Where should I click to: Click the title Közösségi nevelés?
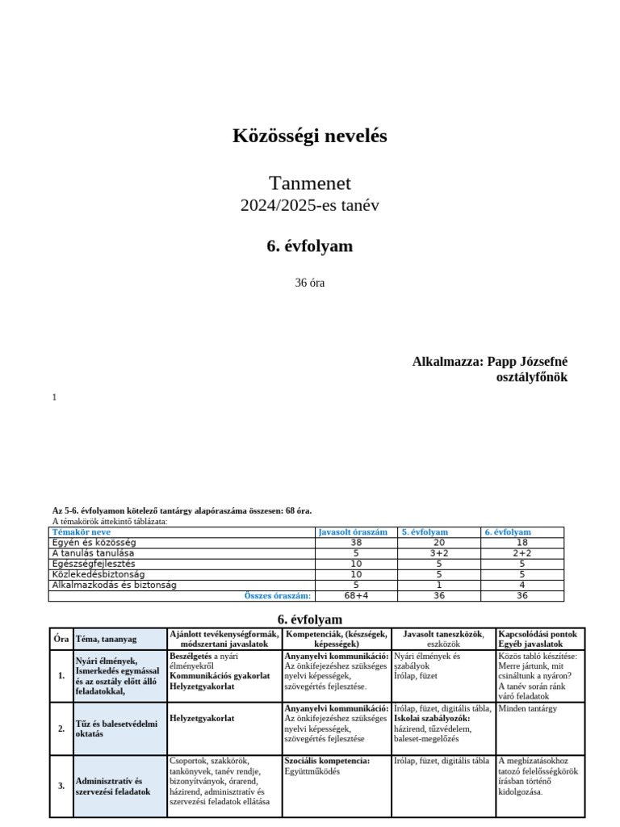pyautogui.click(x=310, y=136)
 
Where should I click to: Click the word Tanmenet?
pyautogui.click(x=310, y=183)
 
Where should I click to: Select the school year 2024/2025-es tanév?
pyautogui.click(x=310, y=205)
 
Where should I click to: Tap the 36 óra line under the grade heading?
pyautogui.click(x=310, y=283)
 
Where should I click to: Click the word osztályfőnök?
pyautogui.click(x=531, y=377)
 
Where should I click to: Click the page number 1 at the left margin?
pyautogui.click(x=54, y=397)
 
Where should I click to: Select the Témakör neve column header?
pyautogui.click(x=82, y=532)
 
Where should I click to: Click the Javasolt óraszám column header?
pyautogui.click(x=353, y=532)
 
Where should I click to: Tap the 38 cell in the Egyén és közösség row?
pyautogui.click(x=356, y=543)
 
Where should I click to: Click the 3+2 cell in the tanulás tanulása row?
pyautogui.click(x=439, y=553)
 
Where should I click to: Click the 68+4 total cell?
pyautogui.click(x=356, y=596)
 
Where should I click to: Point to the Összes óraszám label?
pyautogui.click(x=278, y=596)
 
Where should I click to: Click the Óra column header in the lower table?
pyautogui.click(x=61, y=639)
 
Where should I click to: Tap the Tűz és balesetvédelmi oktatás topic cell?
pyautogui.click(x=116, y=728)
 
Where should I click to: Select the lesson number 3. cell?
pyautogui.click(x=61, y=786)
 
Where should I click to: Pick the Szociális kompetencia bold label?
pyautogui.click(x=327, y=761)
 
